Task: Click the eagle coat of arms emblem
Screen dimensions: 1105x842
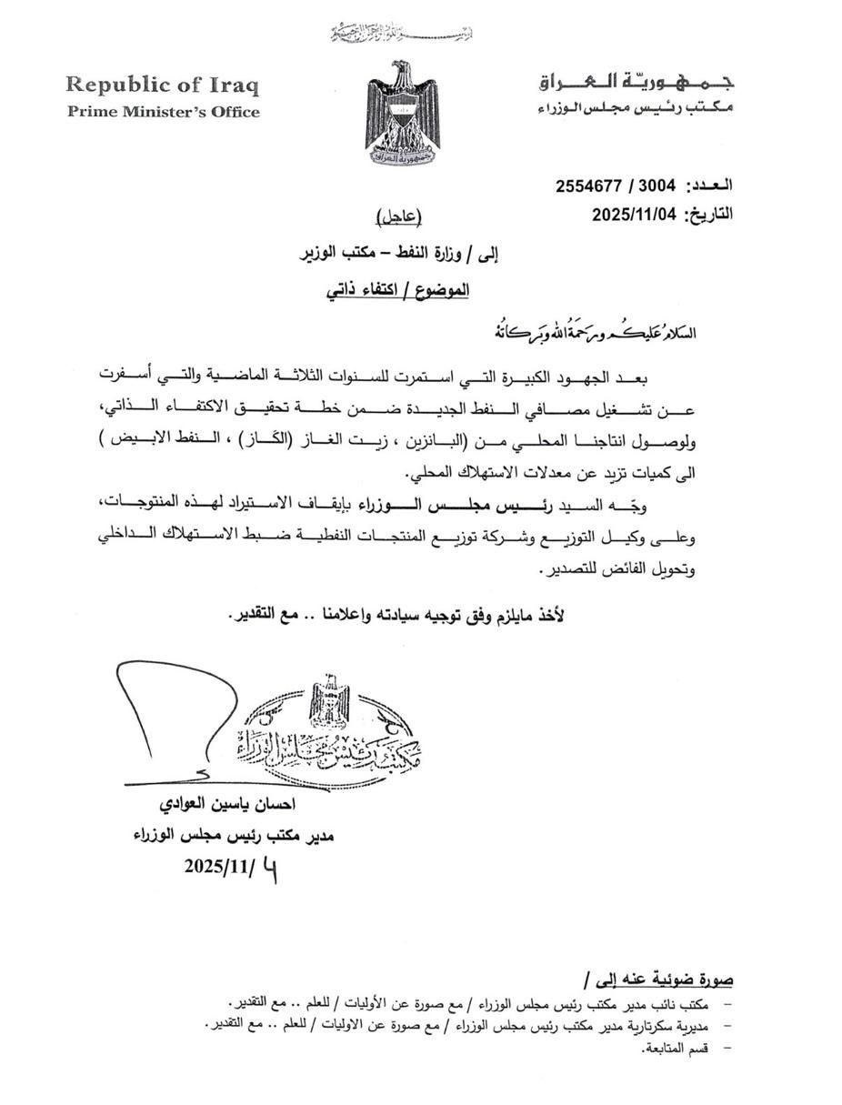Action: pyautogui.click(x=402, y=111)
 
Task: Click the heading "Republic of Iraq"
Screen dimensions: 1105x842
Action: pyautogui.click(x=163, y=85)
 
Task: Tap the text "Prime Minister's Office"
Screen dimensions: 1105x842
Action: pyautogui.click(x=163, y=112)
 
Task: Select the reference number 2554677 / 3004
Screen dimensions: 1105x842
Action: pyautogui.click(x=616, y=186)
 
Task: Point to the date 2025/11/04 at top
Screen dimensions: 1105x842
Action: pyautogui.click(x=635, y=215)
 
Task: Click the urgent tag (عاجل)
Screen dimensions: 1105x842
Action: pyautogui.click(x=400, y=216)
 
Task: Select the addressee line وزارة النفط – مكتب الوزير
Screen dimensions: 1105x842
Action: pyautogui.click(x=400, y=255)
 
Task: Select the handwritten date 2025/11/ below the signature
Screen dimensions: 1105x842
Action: pyautogui.click(x=230, y=867)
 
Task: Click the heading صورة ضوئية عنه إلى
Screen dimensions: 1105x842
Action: pyautogui.click(x=659, y=979)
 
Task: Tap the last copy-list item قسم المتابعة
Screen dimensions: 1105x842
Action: pyautogui.click(x=676, y=1048)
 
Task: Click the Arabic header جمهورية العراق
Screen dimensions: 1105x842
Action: pyautogui.click(x=636, y=82)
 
